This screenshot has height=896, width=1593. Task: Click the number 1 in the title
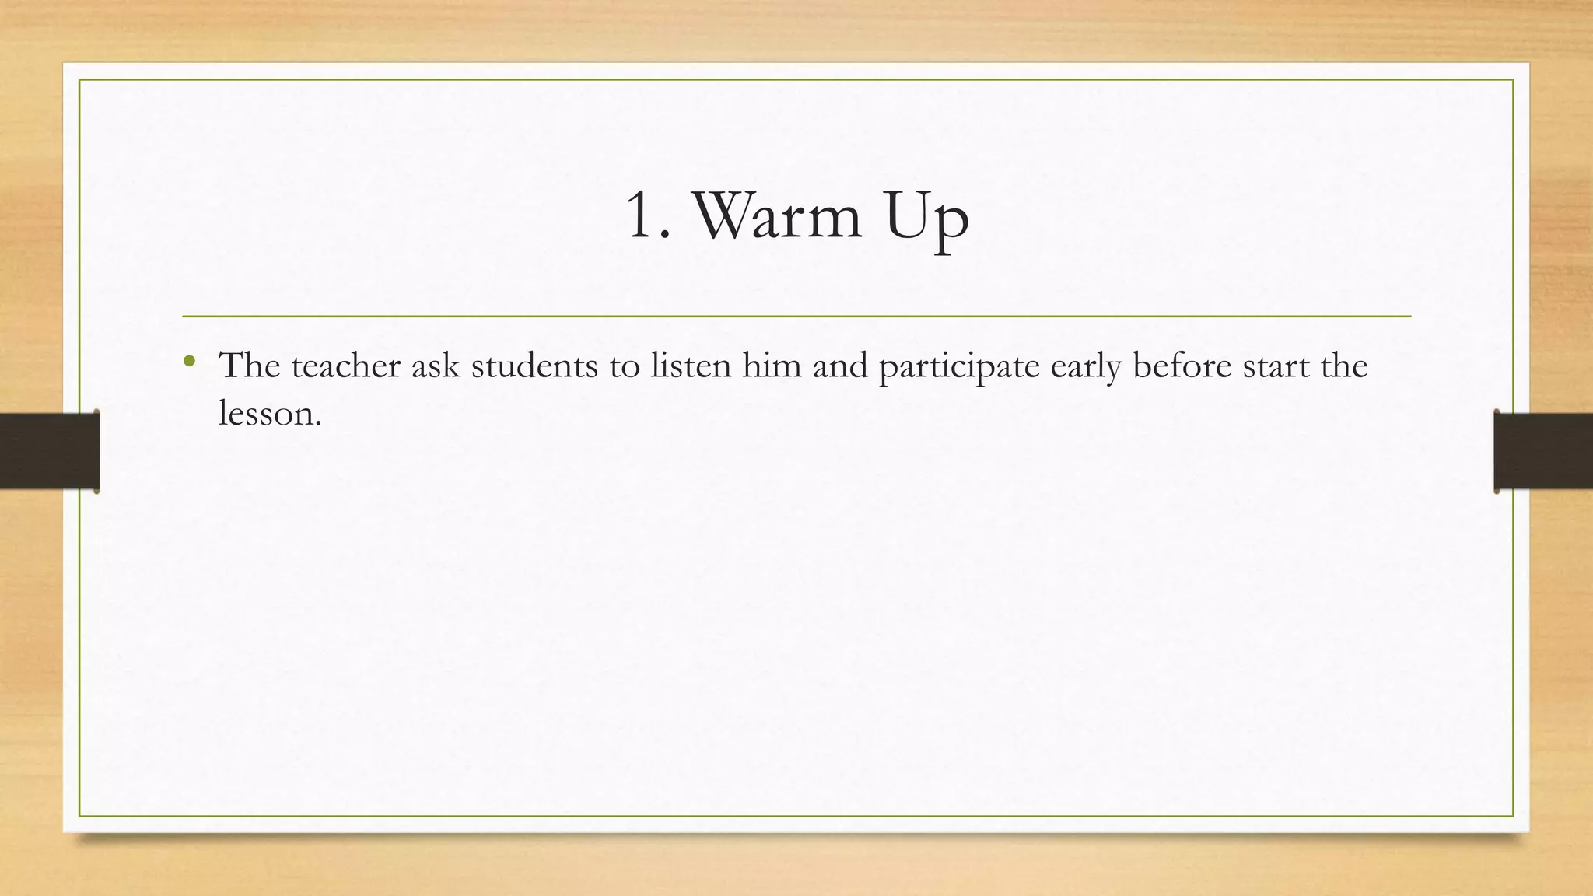[x=645, y=215]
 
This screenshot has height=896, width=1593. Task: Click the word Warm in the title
[x=776, y=215]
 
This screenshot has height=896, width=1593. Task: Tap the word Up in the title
[x=926, y=218]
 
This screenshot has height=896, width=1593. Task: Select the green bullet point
[x=189, y=361]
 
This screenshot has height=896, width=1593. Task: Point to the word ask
[x=436, y=366]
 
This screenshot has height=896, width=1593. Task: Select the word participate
[x=959, y=367]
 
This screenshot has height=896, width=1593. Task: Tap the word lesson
[x=269, y=413]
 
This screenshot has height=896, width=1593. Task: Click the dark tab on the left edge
[x=49, y=451]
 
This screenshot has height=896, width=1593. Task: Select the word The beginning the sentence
[x=250, y=366]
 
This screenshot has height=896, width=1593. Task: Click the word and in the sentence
[x=840, y=366]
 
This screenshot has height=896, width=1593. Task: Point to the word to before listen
[x=624, y=367]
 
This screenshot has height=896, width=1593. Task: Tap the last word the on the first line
[x=1344, y=366]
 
